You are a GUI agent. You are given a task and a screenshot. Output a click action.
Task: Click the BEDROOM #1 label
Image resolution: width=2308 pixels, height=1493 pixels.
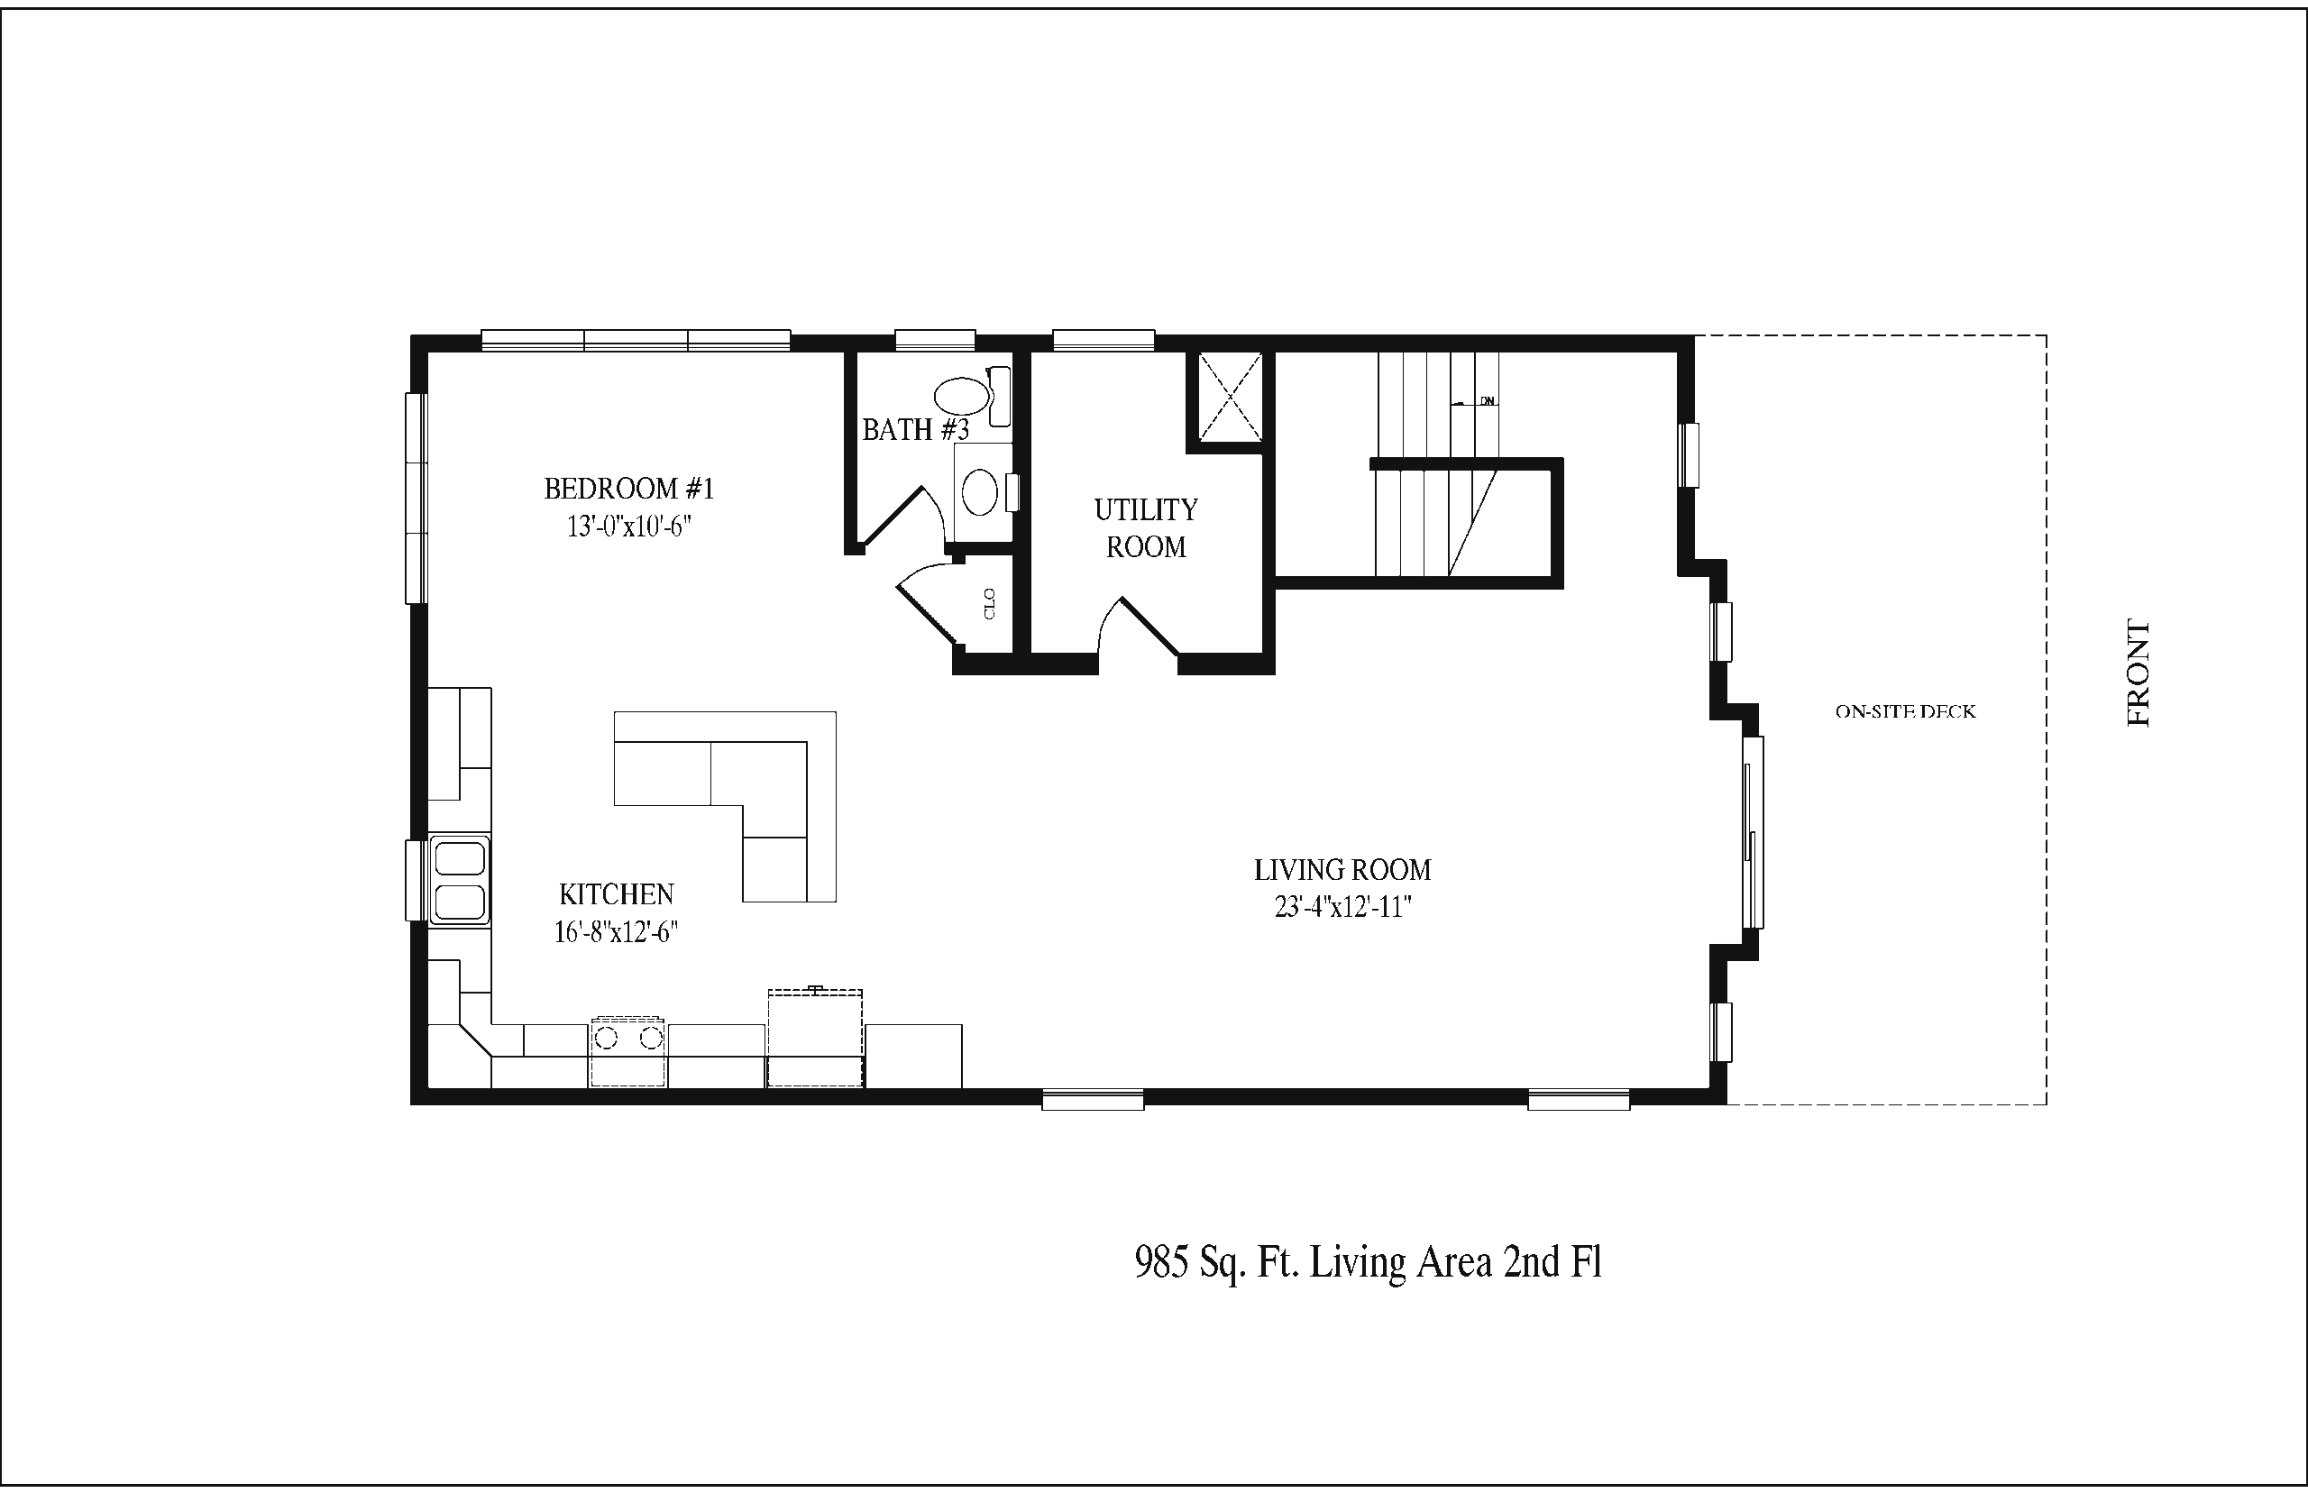click(629, 489)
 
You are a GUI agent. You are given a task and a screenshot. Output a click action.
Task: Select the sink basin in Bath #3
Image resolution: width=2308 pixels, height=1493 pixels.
click(980, 491)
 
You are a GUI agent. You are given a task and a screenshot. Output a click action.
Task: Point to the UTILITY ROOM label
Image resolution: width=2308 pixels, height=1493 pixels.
click(1146, 528)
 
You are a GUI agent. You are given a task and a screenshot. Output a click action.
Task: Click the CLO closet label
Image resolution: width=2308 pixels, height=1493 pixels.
click(990, 603)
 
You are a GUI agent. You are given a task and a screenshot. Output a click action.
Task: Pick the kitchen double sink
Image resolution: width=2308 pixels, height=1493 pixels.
click(460, 880)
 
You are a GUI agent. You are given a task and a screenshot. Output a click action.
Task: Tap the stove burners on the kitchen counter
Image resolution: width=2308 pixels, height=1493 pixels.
click(628, 1039)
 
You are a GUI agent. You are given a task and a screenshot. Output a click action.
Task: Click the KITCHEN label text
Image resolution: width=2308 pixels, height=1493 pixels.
click(617, 893)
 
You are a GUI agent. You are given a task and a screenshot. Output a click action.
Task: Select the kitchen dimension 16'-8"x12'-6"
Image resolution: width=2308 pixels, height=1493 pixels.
click(616, 932)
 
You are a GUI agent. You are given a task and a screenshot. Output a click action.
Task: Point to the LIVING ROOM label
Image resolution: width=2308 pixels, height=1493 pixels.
click(1342, 870)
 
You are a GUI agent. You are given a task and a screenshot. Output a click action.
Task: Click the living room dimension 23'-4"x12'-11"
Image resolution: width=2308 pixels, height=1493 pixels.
click(1342, 908)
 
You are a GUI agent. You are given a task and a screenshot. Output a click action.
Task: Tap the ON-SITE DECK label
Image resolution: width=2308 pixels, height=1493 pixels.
click(1905, 711)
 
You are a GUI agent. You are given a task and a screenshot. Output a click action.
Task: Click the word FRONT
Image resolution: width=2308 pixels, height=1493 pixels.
click(2139, 673)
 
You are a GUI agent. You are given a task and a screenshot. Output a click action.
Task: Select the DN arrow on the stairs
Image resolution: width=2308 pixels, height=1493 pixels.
click(1472, 401)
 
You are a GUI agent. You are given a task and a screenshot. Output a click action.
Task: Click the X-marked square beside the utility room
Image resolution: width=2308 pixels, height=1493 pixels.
click(1231, 397)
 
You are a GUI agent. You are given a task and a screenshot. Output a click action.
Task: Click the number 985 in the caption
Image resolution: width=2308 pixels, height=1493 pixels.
click(1161, 1262)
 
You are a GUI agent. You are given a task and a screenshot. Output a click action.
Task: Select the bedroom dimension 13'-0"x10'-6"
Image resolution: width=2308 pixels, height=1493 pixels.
click(629, 527)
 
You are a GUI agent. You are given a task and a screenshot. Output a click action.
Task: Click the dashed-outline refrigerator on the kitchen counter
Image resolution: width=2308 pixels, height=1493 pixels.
click(815, 1038)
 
